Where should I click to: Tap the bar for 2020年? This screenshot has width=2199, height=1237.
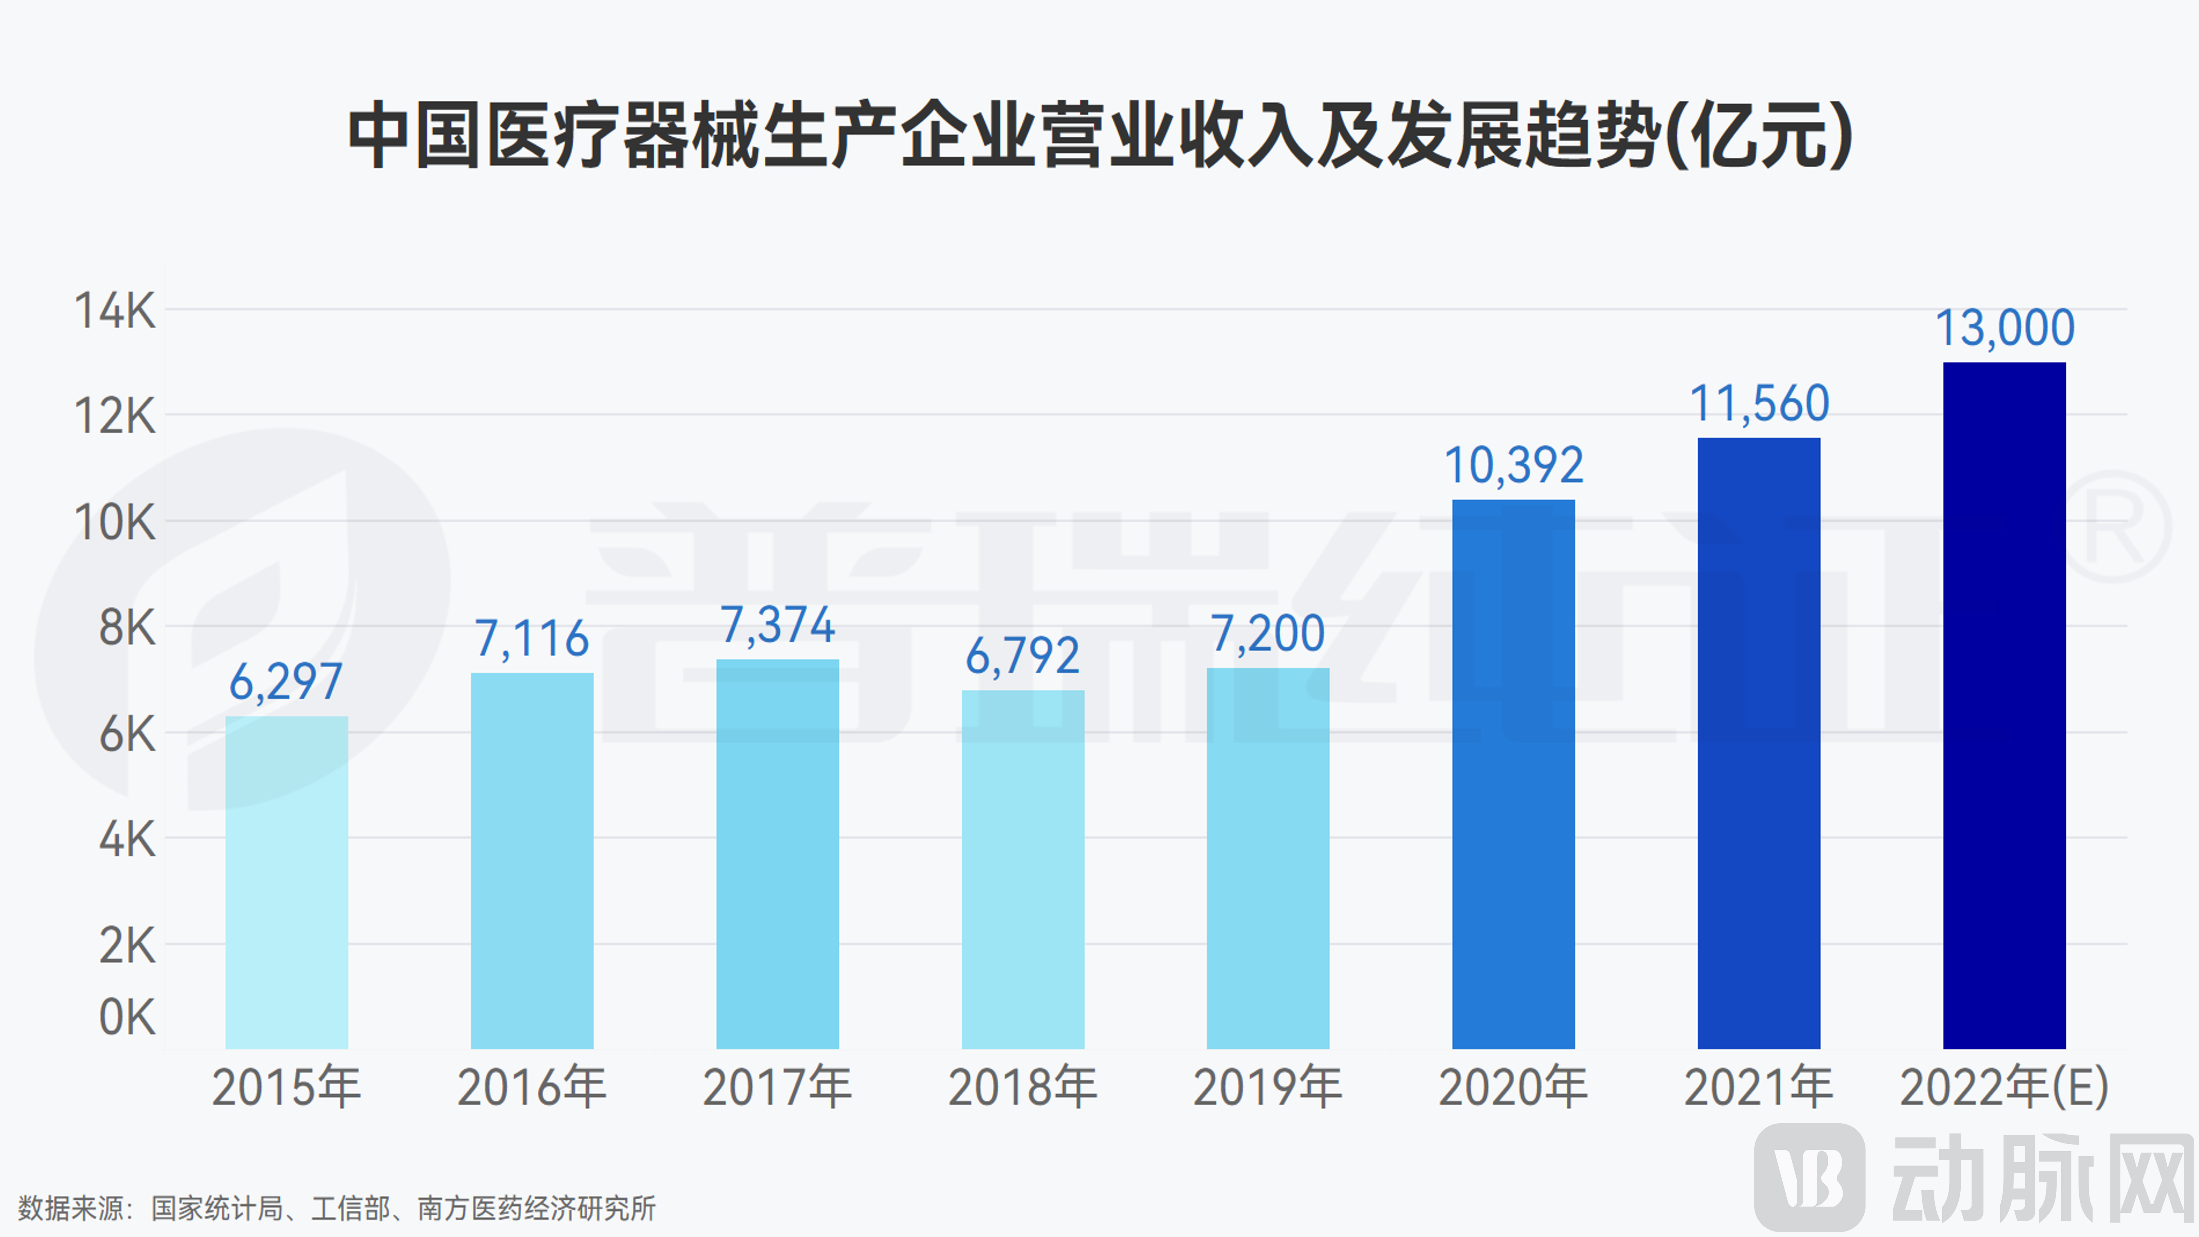[1513, 774]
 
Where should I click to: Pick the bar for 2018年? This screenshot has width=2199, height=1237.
[1023, 869]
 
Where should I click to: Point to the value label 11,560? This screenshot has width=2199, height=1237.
[1759, 404]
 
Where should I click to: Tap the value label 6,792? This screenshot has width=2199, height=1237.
[1023, 656]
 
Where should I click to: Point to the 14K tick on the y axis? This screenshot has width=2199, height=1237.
[115, 311]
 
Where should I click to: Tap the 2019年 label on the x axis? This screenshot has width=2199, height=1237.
[1267, 1088]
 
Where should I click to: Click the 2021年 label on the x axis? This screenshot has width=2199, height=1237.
[1759, 1088]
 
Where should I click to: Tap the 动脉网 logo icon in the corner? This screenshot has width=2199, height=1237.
[1809, 1178]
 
